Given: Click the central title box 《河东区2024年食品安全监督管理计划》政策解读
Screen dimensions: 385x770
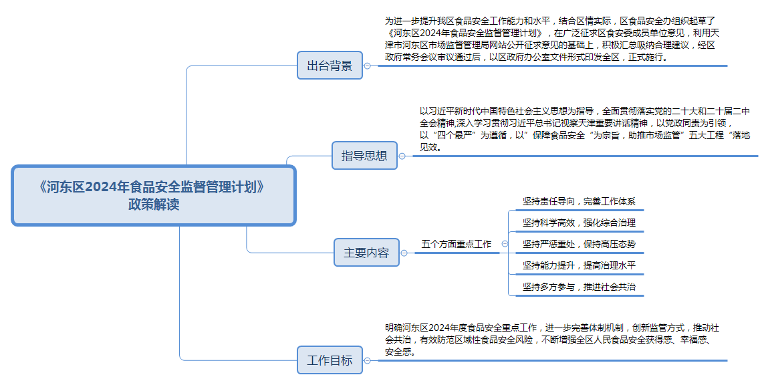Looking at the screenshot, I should tap(153, 196).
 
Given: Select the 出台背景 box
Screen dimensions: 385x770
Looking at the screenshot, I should tap(330, 66).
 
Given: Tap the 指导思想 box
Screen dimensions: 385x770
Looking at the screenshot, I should tap(364, 156).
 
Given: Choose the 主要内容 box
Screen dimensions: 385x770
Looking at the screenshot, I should tap(366, 253).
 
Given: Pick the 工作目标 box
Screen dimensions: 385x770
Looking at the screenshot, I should tap(330, 360).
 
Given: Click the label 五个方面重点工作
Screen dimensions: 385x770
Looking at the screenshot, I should tap(457, 244).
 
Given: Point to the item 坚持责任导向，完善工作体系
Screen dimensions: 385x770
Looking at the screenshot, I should tap(579, 201).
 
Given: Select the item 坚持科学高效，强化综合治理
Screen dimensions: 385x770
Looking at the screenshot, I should tap(579, 223).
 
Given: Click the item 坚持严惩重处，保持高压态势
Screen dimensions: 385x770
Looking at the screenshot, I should tap(579, 244).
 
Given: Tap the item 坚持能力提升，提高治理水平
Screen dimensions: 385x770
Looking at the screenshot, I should tap(579, 265).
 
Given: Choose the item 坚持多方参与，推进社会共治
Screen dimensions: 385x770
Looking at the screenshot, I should tap(579, 287).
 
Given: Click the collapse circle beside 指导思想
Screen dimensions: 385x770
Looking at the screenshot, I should tap(402, 156).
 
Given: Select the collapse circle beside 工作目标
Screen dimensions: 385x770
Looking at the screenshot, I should tap(367, 360).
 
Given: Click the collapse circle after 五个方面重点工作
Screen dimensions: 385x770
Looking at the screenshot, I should tap(505, 244).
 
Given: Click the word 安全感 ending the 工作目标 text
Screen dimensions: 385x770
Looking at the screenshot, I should tap(400, 351).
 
